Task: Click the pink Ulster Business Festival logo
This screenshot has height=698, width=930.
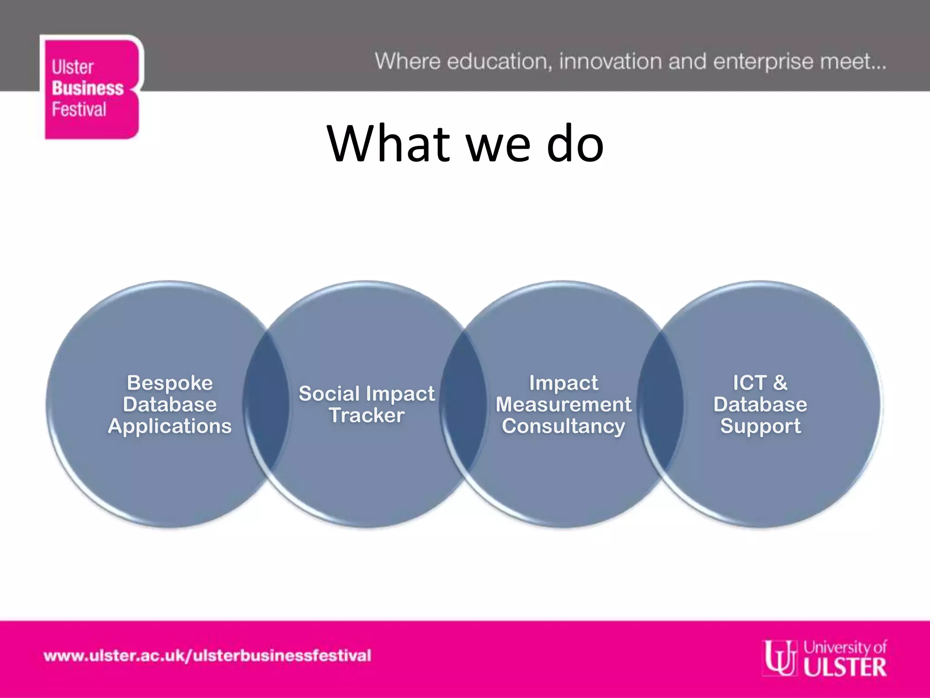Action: [91, 87]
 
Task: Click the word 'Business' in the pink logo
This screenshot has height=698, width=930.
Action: [87, 88]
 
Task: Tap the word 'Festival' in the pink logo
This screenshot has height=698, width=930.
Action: [79, 110]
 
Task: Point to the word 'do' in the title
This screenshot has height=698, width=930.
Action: [575, 144]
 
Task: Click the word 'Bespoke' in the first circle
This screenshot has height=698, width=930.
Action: [170, 383]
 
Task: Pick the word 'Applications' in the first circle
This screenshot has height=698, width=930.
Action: [170, 426]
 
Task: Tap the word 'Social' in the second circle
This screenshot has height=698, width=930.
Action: [329, 394]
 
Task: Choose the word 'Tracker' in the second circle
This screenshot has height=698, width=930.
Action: [366, 415]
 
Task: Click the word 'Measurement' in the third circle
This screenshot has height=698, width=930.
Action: [563, 404]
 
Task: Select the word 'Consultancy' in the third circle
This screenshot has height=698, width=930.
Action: [563, 426]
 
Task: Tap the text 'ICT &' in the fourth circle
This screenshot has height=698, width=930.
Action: [760, 383]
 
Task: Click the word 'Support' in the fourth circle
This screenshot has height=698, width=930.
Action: [760, 426]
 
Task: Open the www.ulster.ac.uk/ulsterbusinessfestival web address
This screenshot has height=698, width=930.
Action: [208, 656]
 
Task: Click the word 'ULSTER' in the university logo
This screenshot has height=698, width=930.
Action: [845, 667]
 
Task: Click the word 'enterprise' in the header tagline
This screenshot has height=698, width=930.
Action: [763, 62]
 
